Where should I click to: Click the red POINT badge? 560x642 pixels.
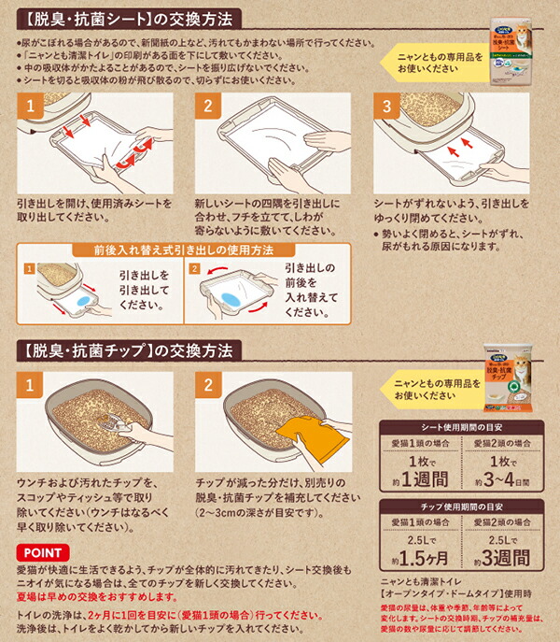(x=39, y=553)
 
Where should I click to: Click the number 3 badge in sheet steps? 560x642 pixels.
(x=385, y=108)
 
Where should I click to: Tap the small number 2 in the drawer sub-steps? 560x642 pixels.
(x=195, y=268)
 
